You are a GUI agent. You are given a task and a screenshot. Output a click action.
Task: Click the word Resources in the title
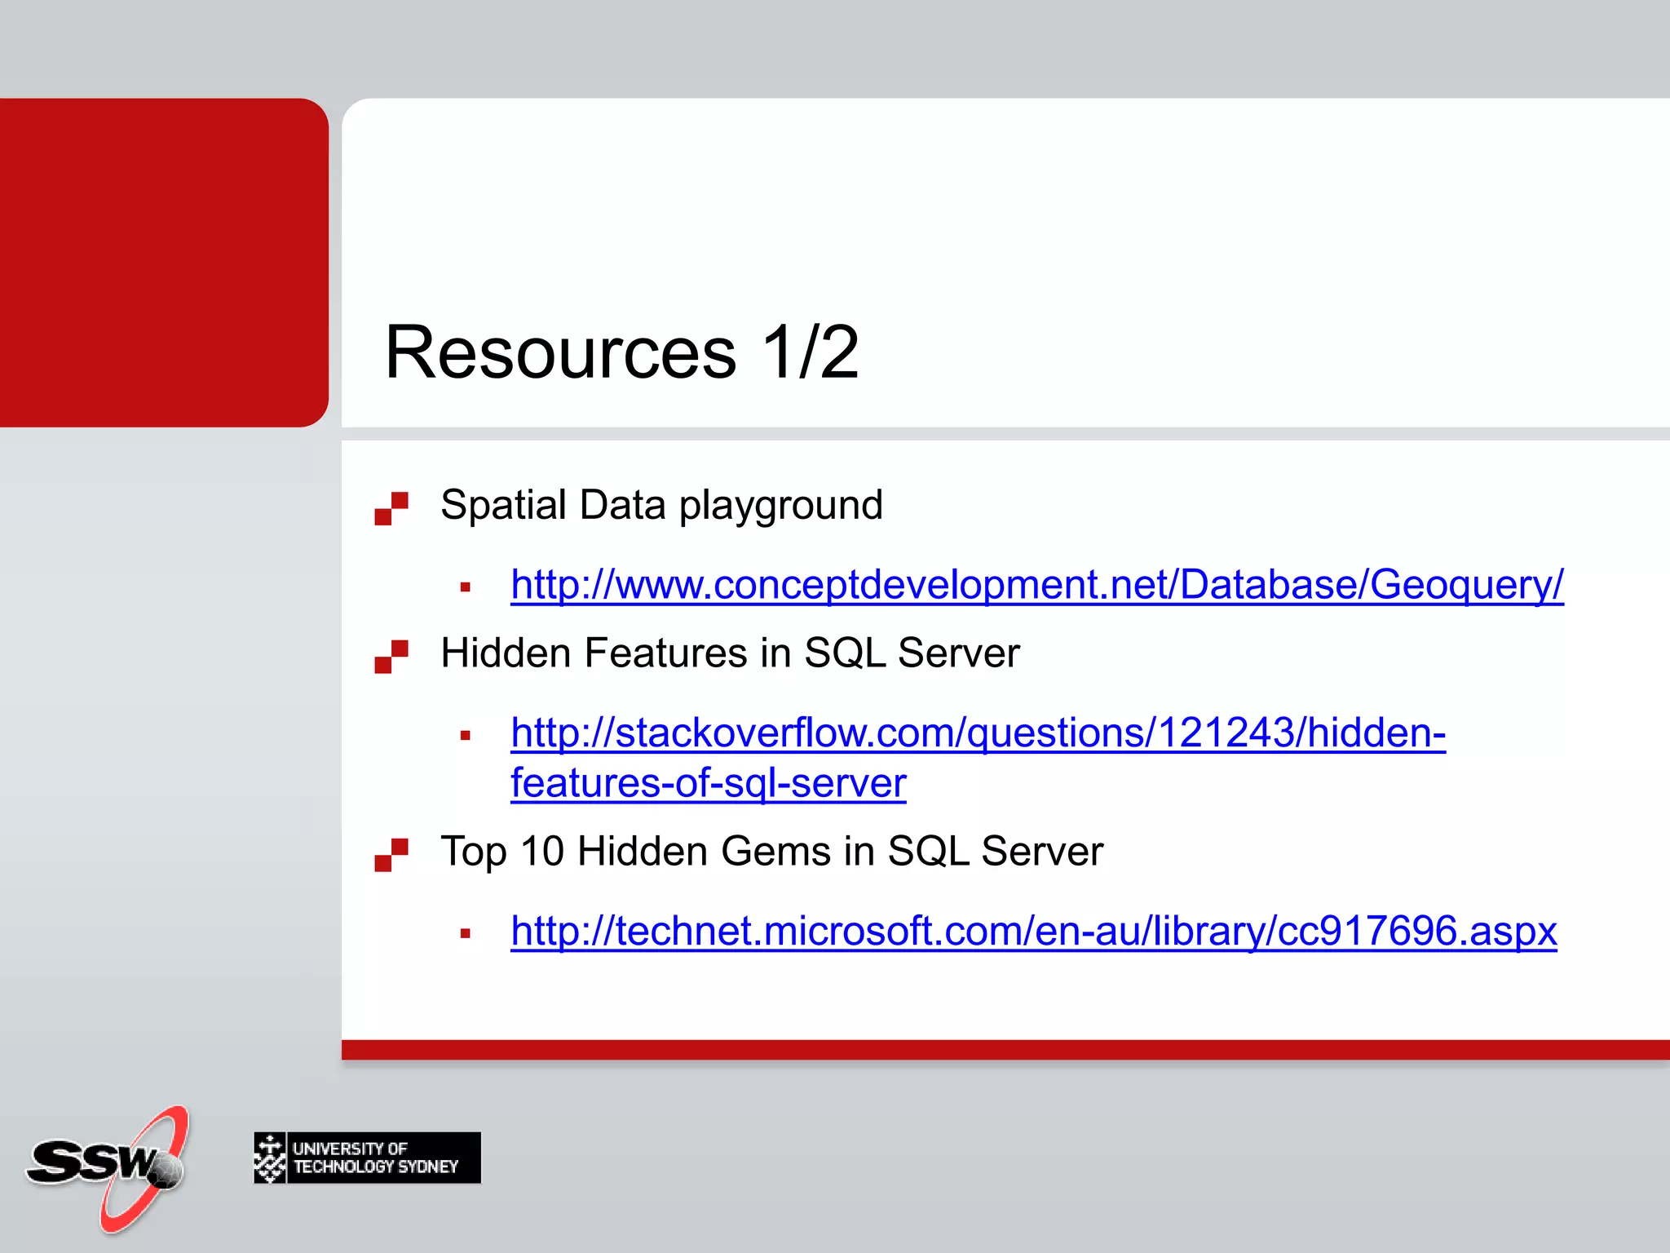(x=560, y=352)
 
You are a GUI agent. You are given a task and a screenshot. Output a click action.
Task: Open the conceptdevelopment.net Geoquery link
(x=1036, y=585)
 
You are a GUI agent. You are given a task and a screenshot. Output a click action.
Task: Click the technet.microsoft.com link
(x=1033, y=931)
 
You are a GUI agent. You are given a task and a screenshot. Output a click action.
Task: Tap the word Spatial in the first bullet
(x=502, y=505)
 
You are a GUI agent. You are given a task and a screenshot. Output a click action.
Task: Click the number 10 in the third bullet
(x=542, y=852)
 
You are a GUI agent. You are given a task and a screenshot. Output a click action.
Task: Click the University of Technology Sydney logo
(x=367, y=1158)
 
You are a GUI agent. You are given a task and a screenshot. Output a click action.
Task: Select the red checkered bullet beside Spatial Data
(x=391, y=508)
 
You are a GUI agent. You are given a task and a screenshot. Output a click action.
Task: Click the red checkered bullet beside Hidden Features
(x=391, y=657)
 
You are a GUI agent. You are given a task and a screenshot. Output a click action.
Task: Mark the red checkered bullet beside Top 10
(x=391, y=855)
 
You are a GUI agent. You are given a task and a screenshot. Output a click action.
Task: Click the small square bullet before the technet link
(x=466, y=934)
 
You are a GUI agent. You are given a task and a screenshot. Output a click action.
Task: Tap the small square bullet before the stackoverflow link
(x=466, y=736)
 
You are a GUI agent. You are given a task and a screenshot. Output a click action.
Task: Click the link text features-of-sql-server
(x=708, y=784)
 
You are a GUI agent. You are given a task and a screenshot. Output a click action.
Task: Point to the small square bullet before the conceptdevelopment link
(x=466, y=587)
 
